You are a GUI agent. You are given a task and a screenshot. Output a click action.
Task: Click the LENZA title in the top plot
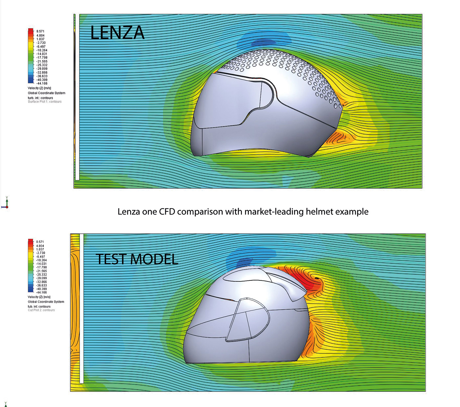point(117,33)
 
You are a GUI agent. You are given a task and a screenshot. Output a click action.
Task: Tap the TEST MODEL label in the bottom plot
point(137,259)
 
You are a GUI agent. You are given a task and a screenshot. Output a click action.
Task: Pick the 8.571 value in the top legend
point(40,32)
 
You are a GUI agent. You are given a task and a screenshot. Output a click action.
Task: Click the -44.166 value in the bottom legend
point(41,292)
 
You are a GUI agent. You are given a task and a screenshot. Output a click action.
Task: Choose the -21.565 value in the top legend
point(42,61)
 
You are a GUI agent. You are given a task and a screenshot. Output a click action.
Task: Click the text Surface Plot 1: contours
point(45,102)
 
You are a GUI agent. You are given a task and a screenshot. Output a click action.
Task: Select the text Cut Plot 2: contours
point(41,310)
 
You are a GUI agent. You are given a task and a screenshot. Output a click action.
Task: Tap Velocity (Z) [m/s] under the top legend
point(39,88)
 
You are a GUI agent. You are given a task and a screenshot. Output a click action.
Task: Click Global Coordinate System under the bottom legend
point(46,301)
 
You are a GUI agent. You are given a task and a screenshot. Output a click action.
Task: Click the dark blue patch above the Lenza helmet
point(263,41)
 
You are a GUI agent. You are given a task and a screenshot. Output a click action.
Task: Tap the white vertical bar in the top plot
point(78,99)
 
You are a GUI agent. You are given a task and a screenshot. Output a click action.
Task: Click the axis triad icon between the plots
point(6,203)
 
